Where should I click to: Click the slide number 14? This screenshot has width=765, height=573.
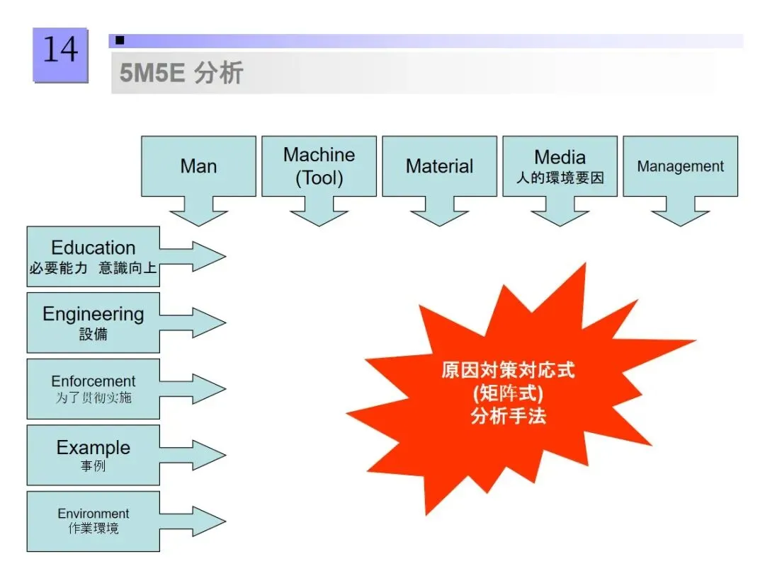tap(60, 51)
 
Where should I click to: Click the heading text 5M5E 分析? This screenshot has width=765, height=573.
tap(181, 73)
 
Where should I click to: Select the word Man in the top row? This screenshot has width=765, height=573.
tap(198, 166)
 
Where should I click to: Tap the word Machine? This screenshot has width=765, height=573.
tap(319, 155)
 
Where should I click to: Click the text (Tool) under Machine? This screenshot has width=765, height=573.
tap(319, 178)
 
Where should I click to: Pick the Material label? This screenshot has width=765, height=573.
tap(439, 166)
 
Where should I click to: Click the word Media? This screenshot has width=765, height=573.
tap(560, 157)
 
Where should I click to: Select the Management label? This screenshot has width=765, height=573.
tap(680, 167)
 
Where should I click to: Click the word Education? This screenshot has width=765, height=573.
tap(93, 248)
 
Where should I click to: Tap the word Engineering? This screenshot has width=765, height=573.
tap(93, 314)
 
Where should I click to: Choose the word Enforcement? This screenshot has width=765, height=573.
tap(93, 382)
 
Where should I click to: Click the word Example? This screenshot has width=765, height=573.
tap(93, 448)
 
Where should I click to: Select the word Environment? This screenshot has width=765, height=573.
tap(93, 514)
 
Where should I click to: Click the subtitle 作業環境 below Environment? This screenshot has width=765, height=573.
tap(93, 529)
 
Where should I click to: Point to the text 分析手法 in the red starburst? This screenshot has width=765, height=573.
tap(508, 416)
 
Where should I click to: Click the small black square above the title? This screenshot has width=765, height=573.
tap(120, 40)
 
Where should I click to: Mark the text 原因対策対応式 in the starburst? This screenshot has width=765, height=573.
tap(508, 371)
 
